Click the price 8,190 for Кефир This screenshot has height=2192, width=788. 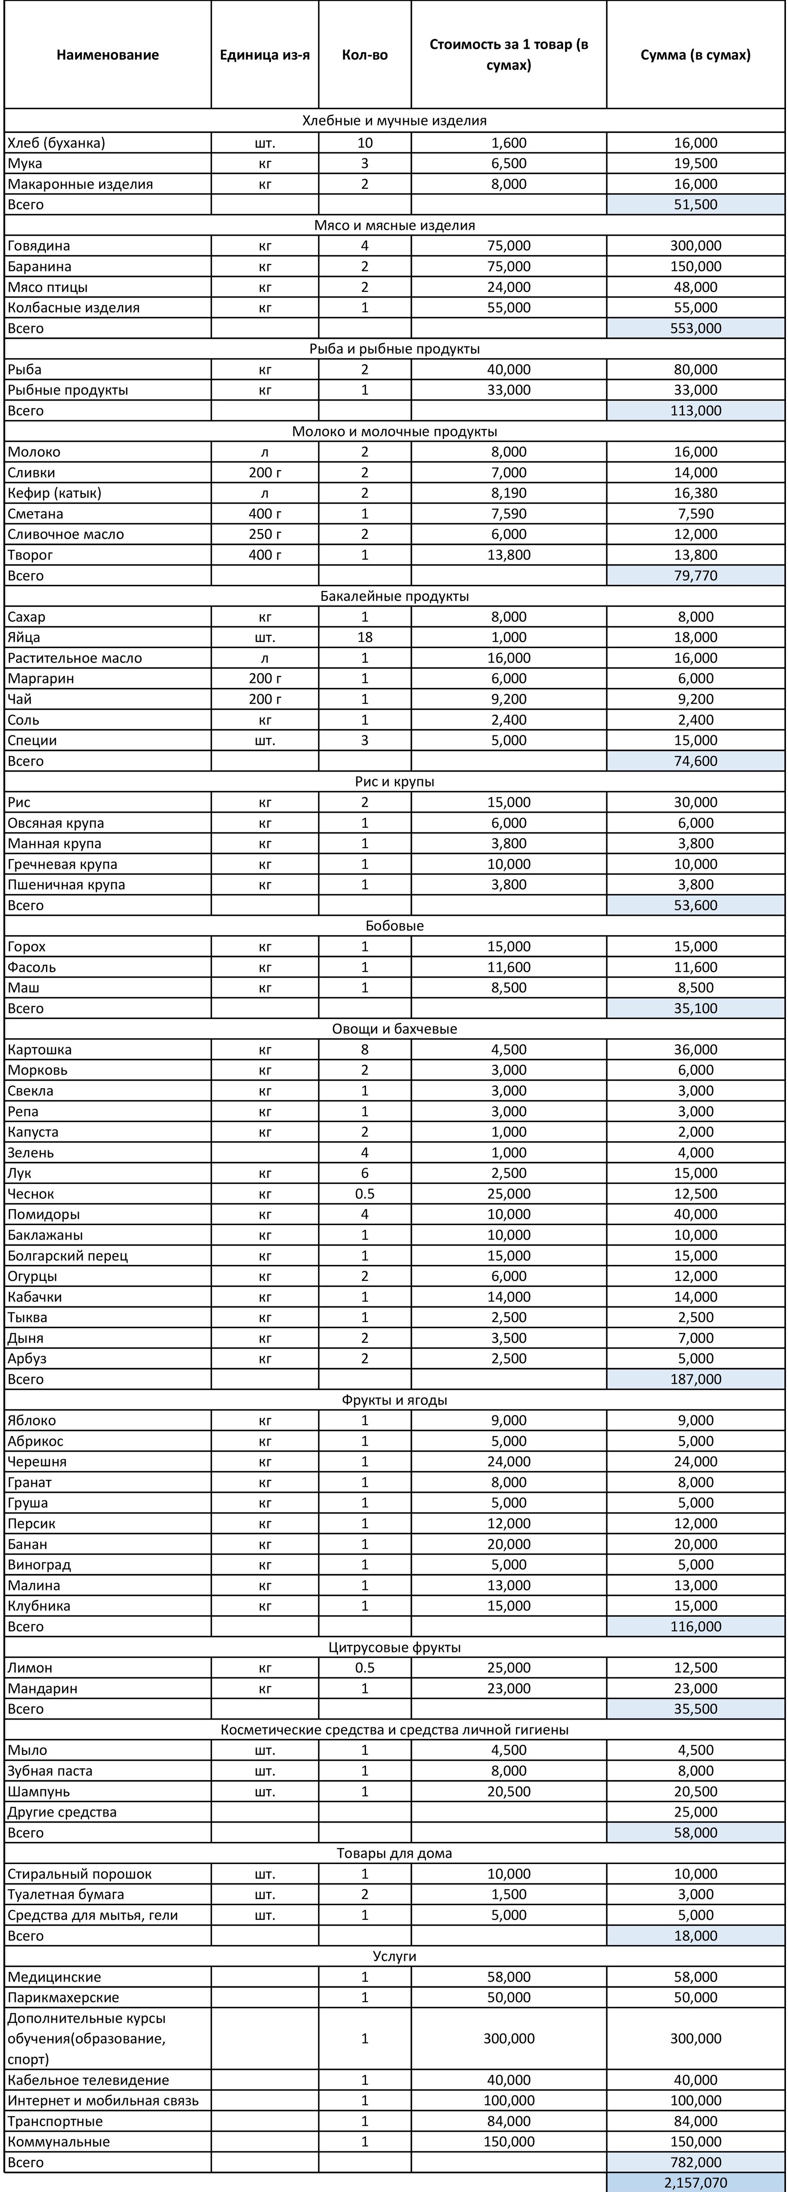(x=509, y=492)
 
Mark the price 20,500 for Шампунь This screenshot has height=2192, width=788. (x=509, y=1791)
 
